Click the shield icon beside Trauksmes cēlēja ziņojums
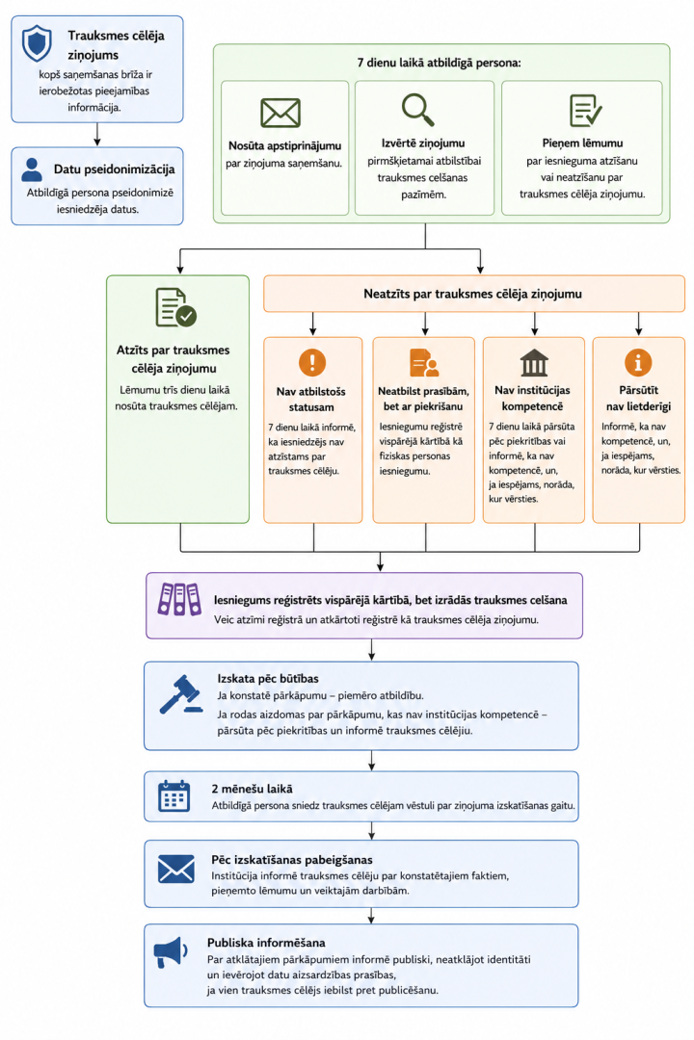[x=37, y=43]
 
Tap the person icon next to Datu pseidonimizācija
[x=31, y=169]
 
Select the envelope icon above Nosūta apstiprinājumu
[x=280, y=113]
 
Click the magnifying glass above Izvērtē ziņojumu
[x=417, y=110]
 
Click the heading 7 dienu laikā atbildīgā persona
[x=439, y=63]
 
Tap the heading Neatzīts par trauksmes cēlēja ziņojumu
[x=473, y=294]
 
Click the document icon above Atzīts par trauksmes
[x=175, y=307]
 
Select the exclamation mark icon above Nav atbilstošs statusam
[x=312, y=362]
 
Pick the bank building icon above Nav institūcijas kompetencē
[x=534, y=363]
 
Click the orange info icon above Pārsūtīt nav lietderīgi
[x=638, y=362]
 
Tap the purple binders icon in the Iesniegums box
[x=179, y=599]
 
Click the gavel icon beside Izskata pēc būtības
[x=181, y=694]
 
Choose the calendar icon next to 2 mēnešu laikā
[x=174, y=796]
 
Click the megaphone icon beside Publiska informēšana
[x=171, y=952]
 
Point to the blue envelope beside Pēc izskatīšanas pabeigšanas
[x=176, y=869]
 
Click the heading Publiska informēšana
[x=266, y=943]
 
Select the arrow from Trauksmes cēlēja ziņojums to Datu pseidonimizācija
[x=97, y=135]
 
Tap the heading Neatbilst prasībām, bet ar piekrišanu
[x=424, y=399]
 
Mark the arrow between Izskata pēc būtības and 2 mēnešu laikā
[x=371, y=761]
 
